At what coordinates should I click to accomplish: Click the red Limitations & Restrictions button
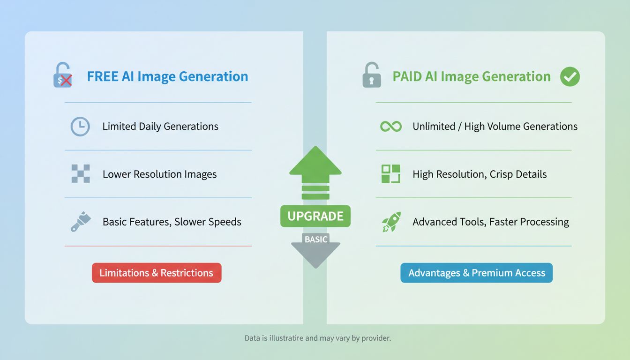coord(157,273)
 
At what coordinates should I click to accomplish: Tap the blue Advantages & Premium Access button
coord(477,273)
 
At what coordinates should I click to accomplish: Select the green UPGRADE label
coord(315,216)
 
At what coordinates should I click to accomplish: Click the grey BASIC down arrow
coord(315,249)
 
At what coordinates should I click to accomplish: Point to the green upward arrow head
coord(315,162)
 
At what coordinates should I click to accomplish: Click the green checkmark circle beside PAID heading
coord(570,77)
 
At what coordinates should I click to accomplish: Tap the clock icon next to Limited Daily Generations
coord(80,127)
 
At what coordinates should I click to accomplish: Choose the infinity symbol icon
coord(391,127)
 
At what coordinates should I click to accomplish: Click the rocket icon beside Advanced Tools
coord(391,222)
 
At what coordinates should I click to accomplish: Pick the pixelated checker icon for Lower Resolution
coord(81,174)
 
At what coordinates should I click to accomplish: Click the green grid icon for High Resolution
coord(391,174)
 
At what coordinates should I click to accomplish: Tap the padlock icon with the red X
coord(63,76)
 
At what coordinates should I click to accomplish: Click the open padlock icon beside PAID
coord(372,75)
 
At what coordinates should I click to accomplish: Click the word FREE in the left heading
coord(103,77)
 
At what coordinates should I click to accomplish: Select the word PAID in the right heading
coord(407,77)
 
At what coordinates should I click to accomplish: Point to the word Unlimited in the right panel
coord(434,127)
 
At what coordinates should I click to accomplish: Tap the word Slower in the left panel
coord(190,222)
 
